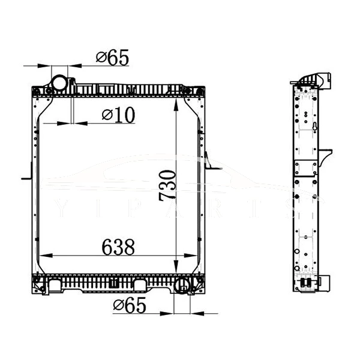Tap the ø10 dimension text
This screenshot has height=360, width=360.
(x=118, y=115)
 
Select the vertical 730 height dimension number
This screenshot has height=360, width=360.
(x=169, y=184)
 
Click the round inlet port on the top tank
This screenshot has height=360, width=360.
(x=60, y=82)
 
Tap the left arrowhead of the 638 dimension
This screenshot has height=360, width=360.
(x=43, y=256)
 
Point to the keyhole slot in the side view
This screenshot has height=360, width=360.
(x=314, y=126)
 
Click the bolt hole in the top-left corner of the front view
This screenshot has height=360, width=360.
(x=37, y=91)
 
